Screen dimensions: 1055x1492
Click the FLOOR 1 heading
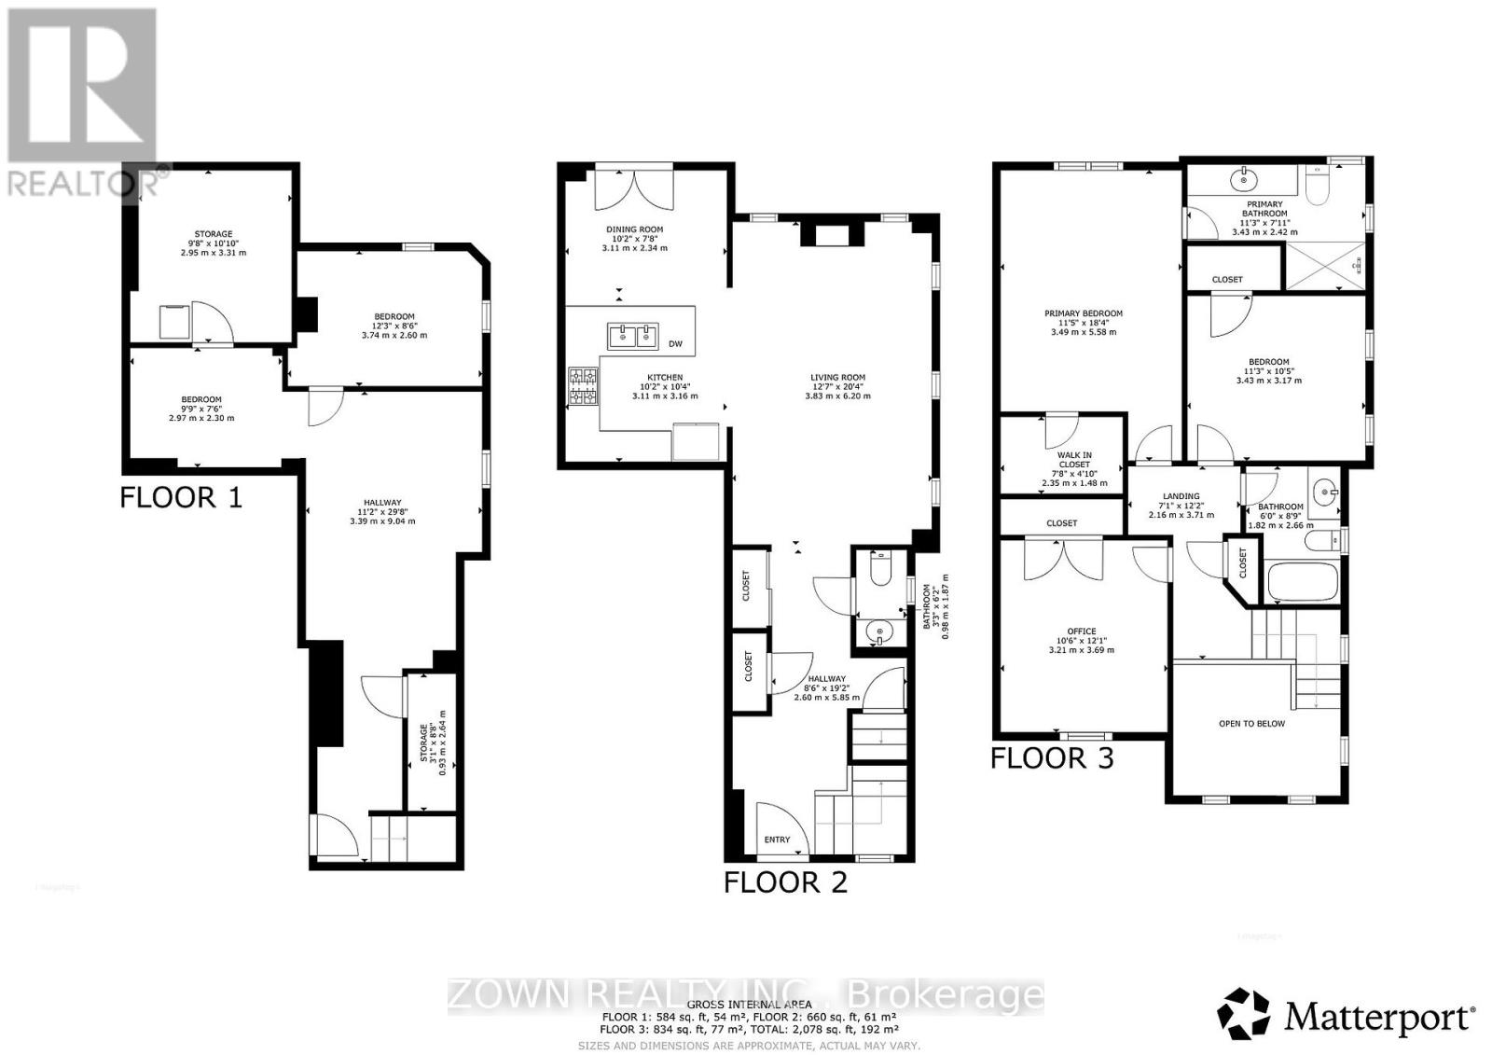point(181,497)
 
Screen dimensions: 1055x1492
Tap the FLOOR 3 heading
point(1052,757)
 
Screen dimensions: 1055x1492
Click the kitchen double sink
point(633,335)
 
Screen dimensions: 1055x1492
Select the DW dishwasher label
point(675,344)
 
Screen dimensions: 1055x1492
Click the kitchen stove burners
point(584,386)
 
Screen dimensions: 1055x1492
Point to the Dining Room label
point(633,229)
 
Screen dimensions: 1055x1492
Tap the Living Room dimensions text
point(837,396)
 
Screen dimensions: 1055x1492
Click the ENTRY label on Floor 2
point(777,840)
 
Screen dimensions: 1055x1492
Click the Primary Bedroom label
point(1083,313)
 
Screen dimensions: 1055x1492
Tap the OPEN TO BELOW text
point(1251,723)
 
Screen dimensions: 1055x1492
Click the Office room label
point(1082,632)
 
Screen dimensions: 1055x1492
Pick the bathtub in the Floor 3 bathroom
point(1302,581)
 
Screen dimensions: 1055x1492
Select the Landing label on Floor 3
point(1181,496)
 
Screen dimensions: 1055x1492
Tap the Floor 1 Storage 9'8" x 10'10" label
point(213,234)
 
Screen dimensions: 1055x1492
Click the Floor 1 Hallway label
point(382,503)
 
